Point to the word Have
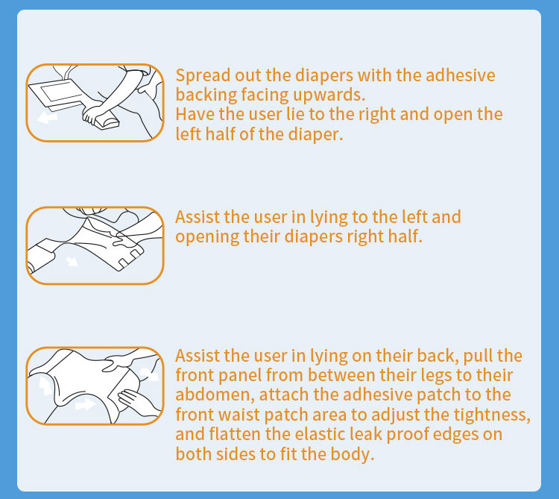(195, 115)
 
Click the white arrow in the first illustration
(47, 117)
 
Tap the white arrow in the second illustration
(72, 262)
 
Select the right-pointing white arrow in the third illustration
(85, 405)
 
